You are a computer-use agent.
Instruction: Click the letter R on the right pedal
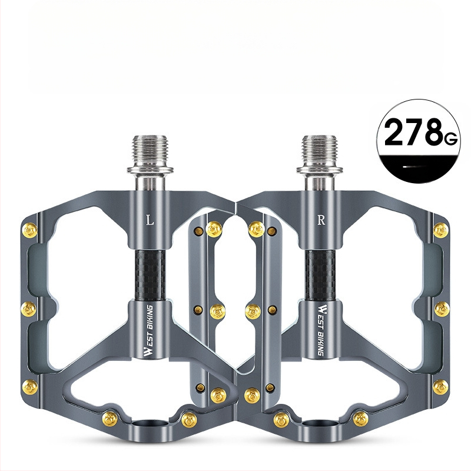click(321, 220)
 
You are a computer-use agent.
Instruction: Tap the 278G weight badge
click(419, 141)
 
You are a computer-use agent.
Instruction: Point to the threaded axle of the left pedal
click(150, 150)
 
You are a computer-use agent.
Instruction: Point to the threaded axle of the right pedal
click(320, 150)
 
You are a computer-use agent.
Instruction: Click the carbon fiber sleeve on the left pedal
click(150, 276)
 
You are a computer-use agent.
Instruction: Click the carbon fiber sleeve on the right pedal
click(320, 276)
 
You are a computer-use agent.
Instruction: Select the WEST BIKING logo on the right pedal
click(322, 330)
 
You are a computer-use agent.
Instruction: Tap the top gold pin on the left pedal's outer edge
click(30, 230)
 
